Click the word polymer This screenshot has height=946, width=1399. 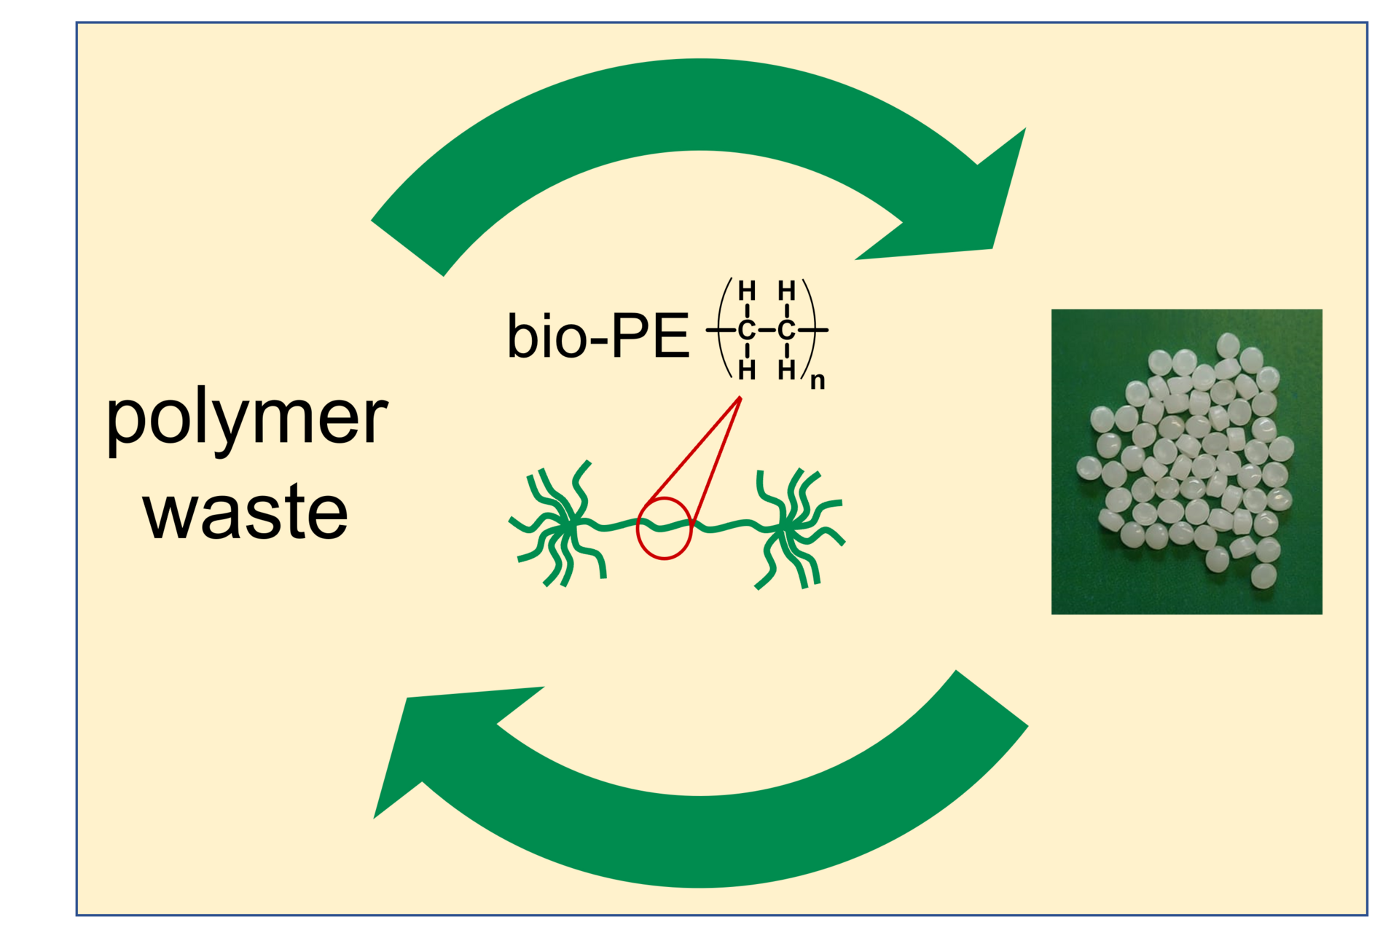click(x=246, y=418)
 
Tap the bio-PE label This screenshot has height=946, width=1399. click(x=597, y=336)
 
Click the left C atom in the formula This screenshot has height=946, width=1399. click(x=746, y=331)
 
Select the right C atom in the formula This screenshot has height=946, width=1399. click(x=786, y=331)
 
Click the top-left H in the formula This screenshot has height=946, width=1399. click(x=746, y=291)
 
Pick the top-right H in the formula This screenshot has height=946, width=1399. click(x=786, y=291)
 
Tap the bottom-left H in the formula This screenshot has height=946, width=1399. click(x=746, y=371)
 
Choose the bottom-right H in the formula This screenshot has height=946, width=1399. click(x=786, y=371)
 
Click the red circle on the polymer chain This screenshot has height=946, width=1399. click(x=664, y=528)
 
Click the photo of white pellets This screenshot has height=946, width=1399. click(x=1186, y=461)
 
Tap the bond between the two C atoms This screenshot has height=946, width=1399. click(x=766, y=331)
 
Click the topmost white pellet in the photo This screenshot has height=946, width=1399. click(x=1228, y=345)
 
